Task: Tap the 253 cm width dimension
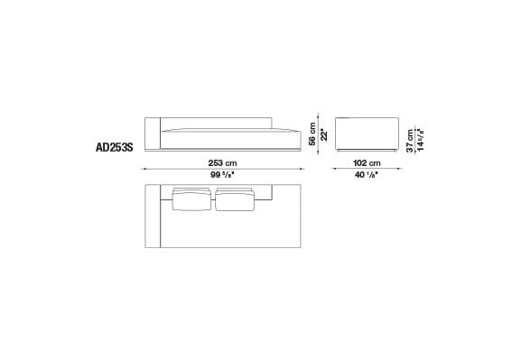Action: pos(224,162)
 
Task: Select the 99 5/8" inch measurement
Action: pos(224,176)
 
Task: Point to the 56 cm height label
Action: pos(312,133)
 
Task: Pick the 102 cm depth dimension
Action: pos(367,162)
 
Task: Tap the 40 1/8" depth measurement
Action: pos(367,176)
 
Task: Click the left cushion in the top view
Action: pos(191,200)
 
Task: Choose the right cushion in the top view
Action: pos(236,200)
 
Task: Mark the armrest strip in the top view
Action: pos(154,217)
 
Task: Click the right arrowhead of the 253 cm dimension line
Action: pos(302,169)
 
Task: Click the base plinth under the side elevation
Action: pos(367,149)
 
